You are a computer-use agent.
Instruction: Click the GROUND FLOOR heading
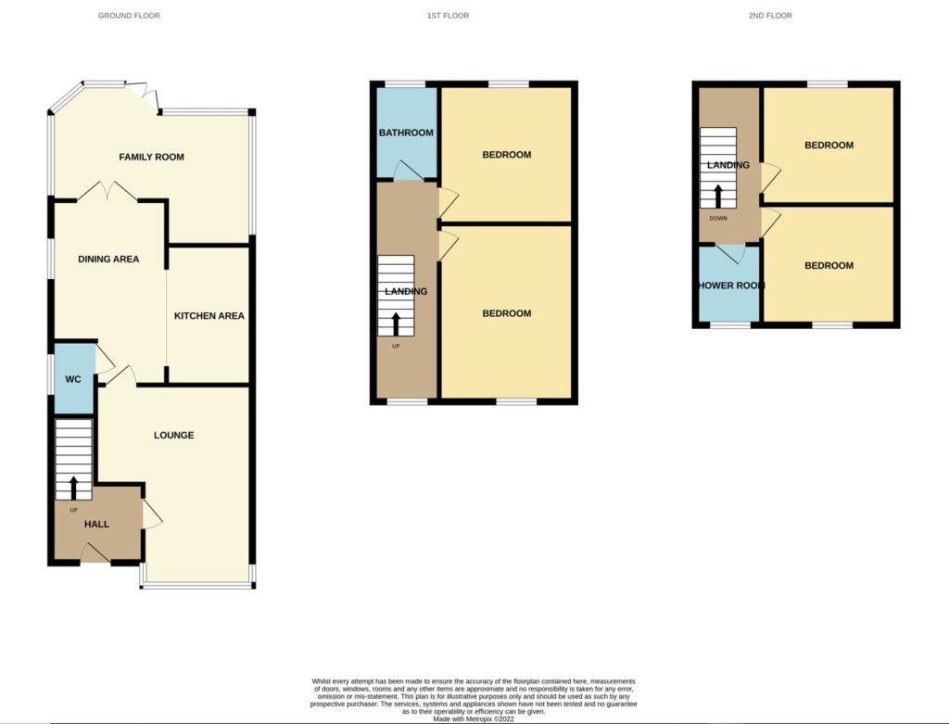pyautogui.click(x=129, y=15)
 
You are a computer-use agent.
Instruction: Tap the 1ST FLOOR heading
pyautogui.click(x=448, y=15)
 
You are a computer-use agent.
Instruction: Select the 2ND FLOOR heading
pyautogui.click(x=770, y=15)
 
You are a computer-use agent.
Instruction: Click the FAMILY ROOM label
pyautogui.click(x=151, y=157)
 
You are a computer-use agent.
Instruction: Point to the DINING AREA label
pyautogui.click(x=108, y=259)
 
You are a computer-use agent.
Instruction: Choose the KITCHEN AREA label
pyautogui.click(x=209, y=315)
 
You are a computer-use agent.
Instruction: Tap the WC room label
pyautogui.click(x=73, y=379)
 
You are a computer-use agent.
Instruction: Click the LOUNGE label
pyautogui.click(x=173, y=435)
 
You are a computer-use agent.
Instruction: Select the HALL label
pyautogui.click(x=96, y=524)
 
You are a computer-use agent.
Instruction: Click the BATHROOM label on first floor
pyautogui.click(x=406, y=133)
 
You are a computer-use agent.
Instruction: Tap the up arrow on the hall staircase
pyautogui.click(x=74, y=488)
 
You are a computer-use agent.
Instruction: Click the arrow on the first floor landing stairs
pyautogui.click(x=396, y=324)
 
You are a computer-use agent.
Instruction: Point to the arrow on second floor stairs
pyautogui.click(x=718, y=197)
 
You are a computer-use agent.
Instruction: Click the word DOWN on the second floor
pyautogui.click(x=718, y=219)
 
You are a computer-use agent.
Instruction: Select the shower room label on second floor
pyautogui.click(x=731, y=286)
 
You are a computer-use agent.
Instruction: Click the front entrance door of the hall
pyautogui.click(x=95, y=553)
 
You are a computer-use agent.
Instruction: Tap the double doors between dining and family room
pyautogui.click(x=108, y=191)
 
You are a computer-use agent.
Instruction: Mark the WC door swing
pyautogui.click(x=104, y=360)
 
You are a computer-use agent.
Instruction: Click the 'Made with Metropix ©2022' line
pyautogui.click(x=474, y=719)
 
